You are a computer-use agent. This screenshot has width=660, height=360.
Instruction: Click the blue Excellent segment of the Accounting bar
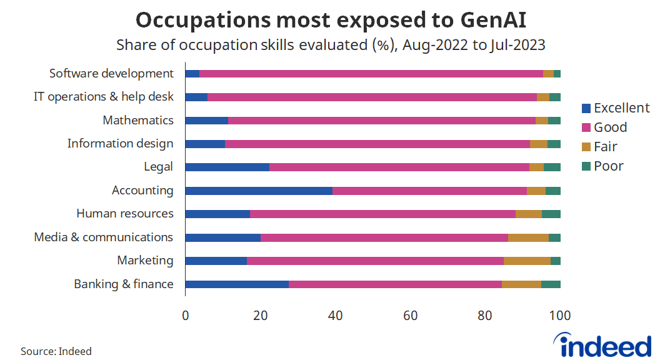tap(259, 191)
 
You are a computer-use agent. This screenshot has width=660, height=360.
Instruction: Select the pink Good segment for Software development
tap(371, 74)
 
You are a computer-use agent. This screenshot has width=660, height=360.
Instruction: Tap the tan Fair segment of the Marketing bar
tap(527, 261)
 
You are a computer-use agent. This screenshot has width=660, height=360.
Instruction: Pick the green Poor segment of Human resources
tap(551, 214)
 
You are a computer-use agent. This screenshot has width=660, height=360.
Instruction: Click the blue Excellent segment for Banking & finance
tap(237, 284)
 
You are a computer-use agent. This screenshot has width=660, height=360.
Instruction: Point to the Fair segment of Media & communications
tap(528, 237)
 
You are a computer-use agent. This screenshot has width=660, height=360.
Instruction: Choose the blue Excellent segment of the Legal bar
tap(227, 167)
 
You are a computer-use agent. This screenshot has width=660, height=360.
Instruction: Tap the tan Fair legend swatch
tap(586, 147)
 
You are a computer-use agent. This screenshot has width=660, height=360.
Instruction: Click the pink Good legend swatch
tap(586, 128)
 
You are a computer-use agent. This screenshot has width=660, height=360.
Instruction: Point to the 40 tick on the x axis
tap(336, 316)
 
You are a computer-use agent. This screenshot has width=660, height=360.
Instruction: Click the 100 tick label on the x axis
tap(560, 316)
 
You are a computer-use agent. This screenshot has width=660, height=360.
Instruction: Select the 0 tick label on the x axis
tap(186, 316)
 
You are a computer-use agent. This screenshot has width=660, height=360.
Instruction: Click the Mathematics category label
tap(138, 120)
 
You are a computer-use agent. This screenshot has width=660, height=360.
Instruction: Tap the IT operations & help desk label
tap(103, 97)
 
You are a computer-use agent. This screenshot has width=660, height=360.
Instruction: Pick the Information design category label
tap(120, 144)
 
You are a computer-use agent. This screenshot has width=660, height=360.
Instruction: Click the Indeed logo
tap(602, 344)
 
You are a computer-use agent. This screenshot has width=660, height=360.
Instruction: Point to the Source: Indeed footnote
tap(56, 351)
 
